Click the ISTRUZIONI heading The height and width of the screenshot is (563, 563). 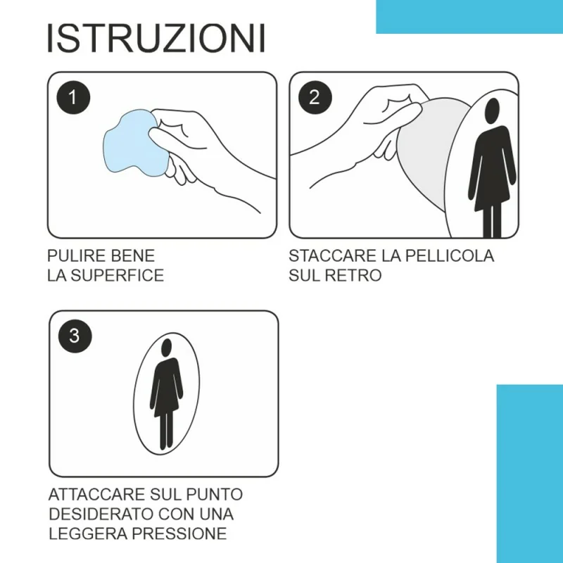(156, 38)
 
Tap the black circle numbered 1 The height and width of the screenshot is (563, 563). (73, 97)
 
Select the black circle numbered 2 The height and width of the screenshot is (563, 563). (315, 97)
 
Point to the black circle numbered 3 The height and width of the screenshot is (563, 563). (75, 336)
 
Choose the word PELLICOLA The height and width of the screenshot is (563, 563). (450, 256)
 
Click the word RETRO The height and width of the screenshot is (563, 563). (353, 275)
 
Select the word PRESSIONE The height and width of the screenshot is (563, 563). (179, 533)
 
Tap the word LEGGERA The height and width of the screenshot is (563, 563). (87, 533)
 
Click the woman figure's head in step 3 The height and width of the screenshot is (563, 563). (167, 347)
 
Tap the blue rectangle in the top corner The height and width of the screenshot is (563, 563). (469, 16)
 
